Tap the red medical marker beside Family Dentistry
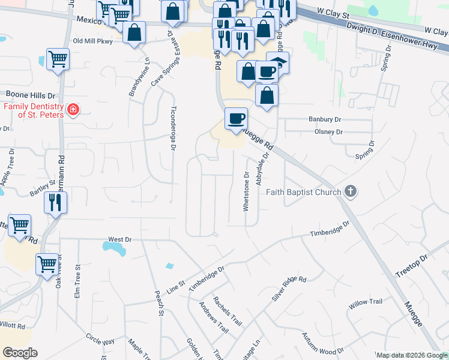coord(73,110)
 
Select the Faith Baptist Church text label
coord(303,192)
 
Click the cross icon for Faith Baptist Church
coord(351,192)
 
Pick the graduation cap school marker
coord(278,62)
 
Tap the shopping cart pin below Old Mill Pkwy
coord(58,59)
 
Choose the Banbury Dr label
coord(325,119)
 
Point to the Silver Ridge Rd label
coord(289,289)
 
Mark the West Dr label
coord(119,239)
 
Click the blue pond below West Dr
coord(114,247)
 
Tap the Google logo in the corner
coord(20,353)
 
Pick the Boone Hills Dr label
coord(30,95)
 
